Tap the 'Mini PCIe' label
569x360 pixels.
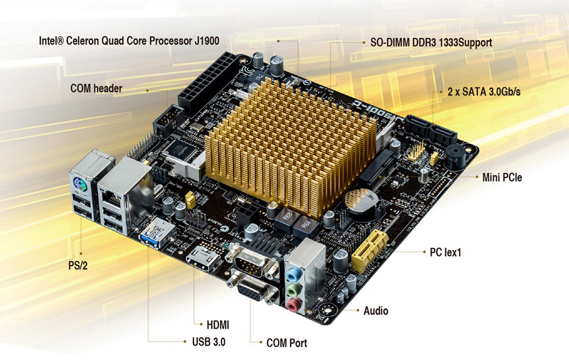(x=502, y=177)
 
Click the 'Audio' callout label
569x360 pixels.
(x=375, y=311)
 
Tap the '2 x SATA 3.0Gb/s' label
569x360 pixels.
(x=483, y=92)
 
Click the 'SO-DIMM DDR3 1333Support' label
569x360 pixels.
(x=426, y=42)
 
